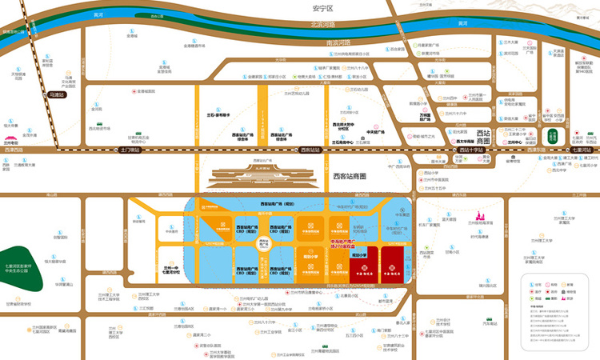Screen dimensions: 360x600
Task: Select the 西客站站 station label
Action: point(309,150)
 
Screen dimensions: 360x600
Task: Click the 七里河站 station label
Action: point(582,150)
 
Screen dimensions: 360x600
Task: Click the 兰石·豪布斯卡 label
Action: point(218,115)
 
